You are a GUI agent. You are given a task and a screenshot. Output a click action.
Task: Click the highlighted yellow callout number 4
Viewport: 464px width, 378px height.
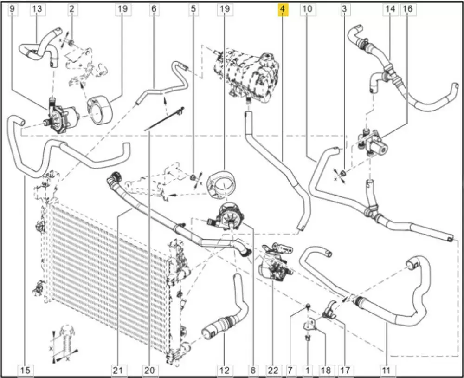pos(283,9)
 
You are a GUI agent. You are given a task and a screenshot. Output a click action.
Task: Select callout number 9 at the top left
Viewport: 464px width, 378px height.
pos(12,9)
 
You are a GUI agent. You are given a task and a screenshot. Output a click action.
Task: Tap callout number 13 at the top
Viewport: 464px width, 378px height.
pos(37,9)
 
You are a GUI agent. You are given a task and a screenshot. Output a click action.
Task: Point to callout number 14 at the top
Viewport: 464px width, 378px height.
pos(390,9)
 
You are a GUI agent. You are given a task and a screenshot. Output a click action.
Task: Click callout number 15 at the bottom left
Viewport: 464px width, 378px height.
pos(26,370)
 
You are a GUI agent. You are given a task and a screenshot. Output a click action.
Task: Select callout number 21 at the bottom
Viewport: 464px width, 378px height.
pos(118,370)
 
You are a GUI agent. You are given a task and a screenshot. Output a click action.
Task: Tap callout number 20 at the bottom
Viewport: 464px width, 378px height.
pos(149,370)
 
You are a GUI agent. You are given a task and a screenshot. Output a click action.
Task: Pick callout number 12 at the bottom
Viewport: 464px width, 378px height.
pos(225,370)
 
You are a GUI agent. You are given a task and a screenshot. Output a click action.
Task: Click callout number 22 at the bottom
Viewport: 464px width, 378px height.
pos(273,370)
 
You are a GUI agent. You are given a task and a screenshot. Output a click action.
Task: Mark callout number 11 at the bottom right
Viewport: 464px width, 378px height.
pos(386,370)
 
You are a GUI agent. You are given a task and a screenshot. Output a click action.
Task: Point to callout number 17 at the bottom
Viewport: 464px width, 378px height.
pos(344,370)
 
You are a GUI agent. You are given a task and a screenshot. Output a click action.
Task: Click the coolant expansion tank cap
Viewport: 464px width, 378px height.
pos(267,59)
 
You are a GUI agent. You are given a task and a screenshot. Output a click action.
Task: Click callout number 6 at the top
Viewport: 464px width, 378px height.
pos(154,9)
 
